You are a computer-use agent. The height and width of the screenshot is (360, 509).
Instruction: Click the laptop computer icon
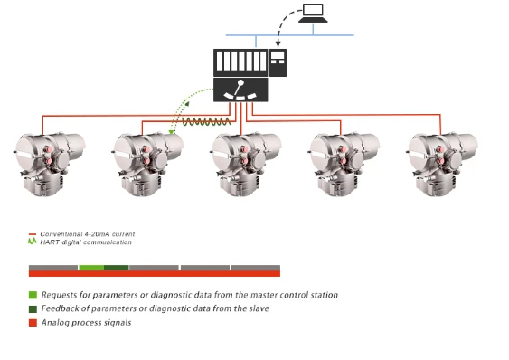[313, 13]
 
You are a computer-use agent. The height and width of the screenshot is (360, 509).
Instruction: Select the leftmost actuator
[50, 165]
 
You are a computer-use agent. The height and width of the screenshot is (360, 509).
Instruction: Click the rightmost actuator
[442, 165]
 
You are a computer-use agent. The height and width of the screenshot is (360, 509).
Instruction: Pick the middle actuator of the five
[246, 165]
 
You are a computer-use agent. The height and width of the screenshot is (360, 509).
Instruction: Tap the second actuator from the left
[147, 165]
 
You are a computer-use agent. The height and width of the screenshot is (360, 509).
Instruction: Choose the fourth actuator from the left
[344, 165]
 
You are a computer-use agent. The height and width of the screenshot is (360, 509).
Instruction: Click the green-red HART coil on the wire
[206, 122]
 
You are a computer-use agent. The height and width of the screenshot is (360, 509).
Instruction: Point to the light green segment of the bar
[91, 268]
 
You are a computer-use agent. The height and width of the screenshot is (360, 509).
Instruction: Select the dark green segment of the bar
[117, 268]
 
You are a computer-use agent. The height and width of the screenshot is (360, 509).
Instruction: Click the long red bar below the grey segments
[155, 273]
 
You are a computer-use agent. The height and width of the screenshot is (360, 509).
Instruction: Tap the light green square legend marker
[33, 295]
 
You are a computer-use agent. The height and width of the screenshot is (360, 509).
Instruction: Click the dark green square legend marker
[33, 309]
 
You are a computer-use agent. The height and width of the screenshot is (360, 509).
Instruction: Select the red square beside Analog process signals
[33, 323]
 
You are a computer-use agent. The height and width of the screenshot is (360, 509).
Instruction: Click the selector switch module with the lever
[240, 90]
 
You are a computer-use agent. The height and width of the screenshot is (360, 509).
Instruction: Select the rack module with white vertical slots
[240, 62]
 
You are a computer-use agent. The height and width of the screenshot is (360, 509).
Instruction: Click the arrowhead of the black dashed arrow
[278, 43]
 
